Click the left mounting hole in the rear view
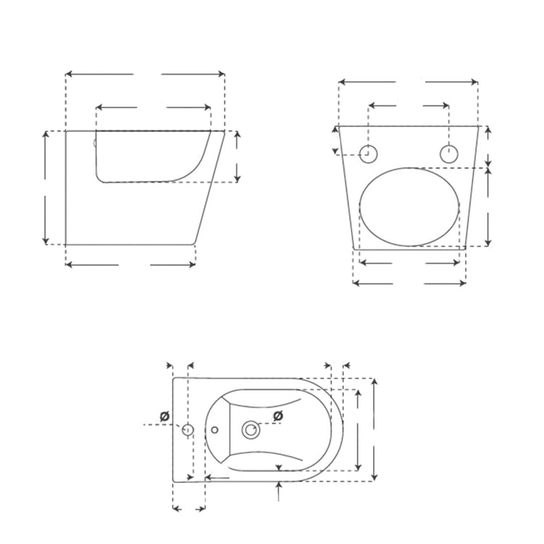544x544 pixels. [368, 153]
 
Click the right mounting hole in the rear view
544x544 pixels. [450, 153]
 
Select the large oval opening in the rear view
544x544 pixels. [410, 207]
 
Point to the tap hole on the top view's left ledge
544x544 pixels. [187, 429]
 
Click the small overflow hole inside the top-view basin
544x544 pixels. [215, 430]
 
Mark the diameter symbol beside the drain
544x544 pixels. [277, 415]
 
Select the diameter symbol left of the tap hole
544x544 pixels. [165, 416]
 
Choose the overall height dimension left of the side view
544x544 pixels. [46, 188]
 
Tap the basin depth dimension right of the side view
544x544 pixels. [237, 157]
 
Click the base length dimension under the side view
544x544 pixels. [131, 265]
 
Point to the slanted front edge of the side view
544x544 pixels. [209, 187]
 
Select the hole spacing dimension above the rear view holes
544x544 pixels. [409, 107]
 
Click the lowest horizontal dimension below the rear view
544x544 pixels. [409, 283]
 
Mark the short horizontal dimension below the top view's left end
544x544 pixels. [189, 508]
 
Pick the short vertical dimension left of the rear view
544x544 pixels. [335, 140]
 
